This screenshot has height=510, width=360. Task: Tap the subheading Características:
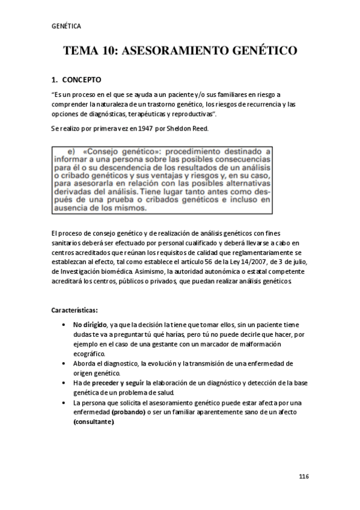click(x=75, y=310)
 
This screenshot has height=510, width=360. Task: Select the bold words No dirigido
click(x=91, y=325)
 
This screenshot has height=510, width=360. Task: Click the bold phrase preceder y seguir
click(x=119, y=382)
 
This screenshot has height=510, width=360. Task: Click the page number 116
click(x=304, y=477)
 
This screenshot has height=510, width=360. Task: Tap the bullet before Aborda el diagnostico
click(x=64, y=364)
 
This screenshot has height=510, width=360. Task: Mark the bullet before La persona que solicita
click(x=64, y=402)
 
